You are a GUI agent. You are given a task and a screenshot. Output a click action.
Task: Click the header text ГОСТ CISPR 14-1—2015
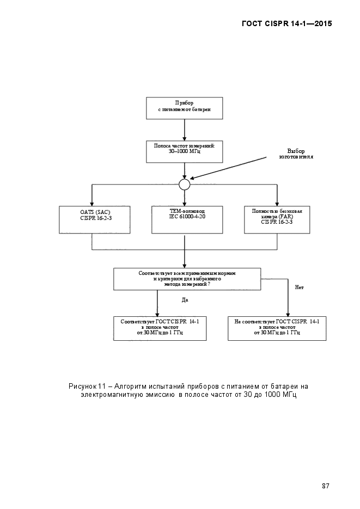point(287,23)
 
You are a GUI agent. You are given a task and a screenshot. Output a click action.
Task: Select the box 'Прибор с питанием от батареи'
point(185,108)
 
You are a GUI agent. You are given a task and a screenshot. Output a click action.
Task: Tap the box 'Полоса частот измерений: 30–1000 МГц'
point(185,151)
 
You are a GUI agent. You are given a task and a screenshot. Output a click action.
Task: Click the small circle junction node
point(185,185)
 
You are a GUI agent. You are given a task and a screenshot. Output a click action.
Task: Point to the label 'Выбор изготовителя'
point(296,154)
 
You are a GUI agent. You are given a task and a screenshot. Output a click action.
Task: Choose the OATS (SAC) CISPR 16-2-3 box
point(95,220)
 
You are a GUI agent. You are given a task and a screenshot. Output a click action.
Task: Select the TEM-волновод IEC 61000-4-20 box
point(187,220)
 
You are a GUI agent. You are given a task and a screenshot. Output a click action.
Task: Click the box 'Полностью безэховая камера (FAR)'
point(277,220)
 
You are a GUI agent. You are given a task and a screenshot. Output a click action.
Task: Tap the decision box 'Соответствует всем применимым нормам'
point(187,279)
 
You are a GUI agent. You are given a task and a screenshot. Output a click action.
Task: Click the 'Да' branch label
point(185,301)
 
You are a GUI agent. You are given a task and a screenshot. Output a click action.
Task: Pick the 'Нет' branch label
point(300,287)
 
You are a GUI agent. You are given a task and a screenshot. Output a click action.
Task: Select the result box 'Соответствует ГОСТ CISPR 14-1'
point(160,328)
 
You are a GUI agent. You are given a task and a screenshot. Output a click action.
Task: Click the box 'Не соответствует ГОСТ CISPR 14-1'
point(277,328)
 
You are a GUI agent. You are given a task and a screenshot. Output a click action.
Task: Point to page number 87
point(326,486)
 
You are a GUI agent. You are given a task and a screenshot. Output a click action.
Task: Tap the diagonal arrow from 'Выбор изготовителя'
point(228,168)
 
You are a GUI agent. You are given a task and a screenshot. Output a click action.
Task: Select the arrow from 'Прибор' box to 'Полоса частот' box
point(185,130)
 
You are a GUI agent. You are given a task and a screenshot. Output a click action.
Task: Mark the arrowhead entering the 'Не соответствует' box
point(288,314)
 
